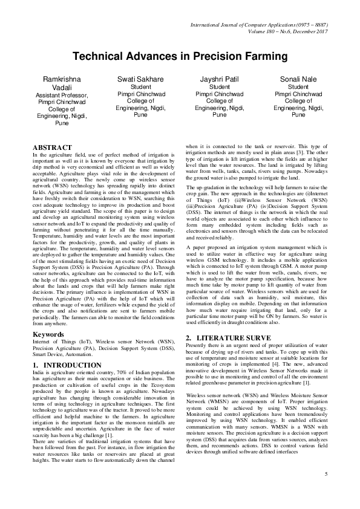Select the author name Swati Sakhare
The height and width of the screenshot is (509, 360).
click(x=140, y=79)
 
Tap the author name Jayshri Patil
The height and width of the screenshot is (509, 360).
click(x=219, y=79)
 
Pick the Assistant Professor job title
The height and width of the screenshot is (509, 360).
click(x=62, y=96)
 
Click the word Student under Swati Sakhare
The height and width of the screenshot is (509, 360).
click(x=140, y=87)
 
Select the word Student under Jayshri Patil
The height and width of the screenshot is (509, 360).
click(x=219, y=87)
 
